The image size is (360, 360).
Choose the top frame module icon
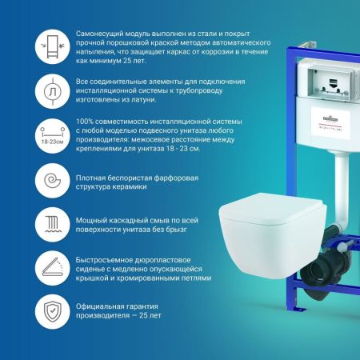28,42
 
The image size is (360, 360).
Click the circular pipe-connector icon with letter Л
28,88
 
